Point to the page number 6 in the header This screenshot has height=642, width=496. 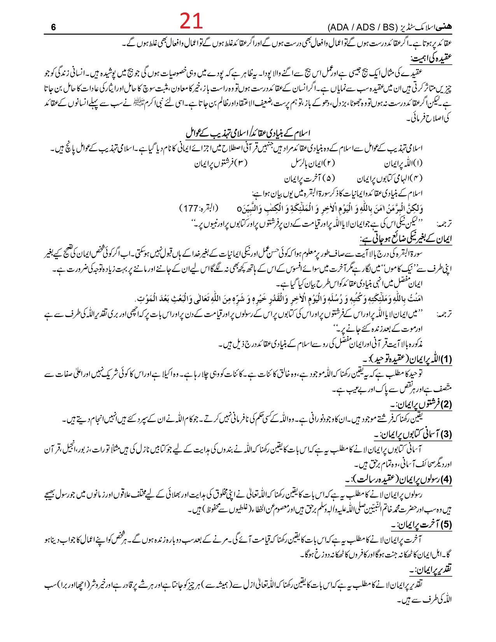pos(53,28)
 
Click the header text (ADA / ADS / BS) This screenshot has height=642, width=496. pos(361,28)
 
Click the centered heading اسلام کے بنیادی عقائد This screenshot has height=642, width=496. pos(248,133)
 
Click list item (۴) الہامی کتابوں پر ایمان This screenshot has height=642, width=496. pos(390,179)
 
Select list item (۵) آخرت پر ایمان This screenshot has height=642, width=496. pos(309,179)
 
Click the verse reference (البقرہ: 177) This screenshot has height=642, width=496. pos(199,208)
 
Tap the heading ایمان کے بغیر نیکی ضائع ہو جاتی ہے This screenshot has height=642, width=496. pos(406,239)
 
